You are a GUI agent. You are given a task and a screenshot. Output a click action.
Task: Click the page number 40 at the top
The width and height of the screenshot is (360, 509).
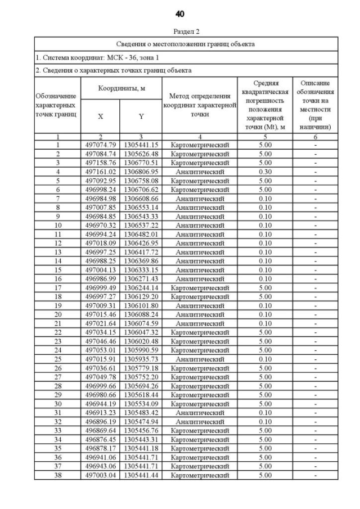point(180,13)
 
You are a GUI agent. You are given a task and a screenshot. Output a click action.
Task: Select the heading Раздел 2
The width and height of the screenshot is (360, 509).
point(186,32)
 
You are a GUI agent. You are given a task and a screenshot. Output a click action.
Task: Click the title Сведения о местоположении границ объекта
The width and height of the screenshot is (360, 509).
point(186,43)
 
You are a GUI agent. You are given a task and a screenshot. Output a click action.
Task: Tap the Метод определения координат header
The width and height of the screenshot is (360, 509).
point(200,105)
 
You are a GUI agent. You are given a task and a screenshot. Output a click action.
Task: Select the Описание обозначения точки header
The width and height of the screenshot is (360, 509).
point(315,105)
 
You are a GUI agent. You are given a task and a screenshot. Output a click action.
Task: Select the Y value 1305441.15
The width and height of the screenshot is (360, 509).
point(141,145)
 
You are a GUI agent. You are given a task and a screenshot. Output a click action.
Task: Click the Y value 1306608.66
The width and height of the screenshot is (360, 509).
point(141,199)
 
